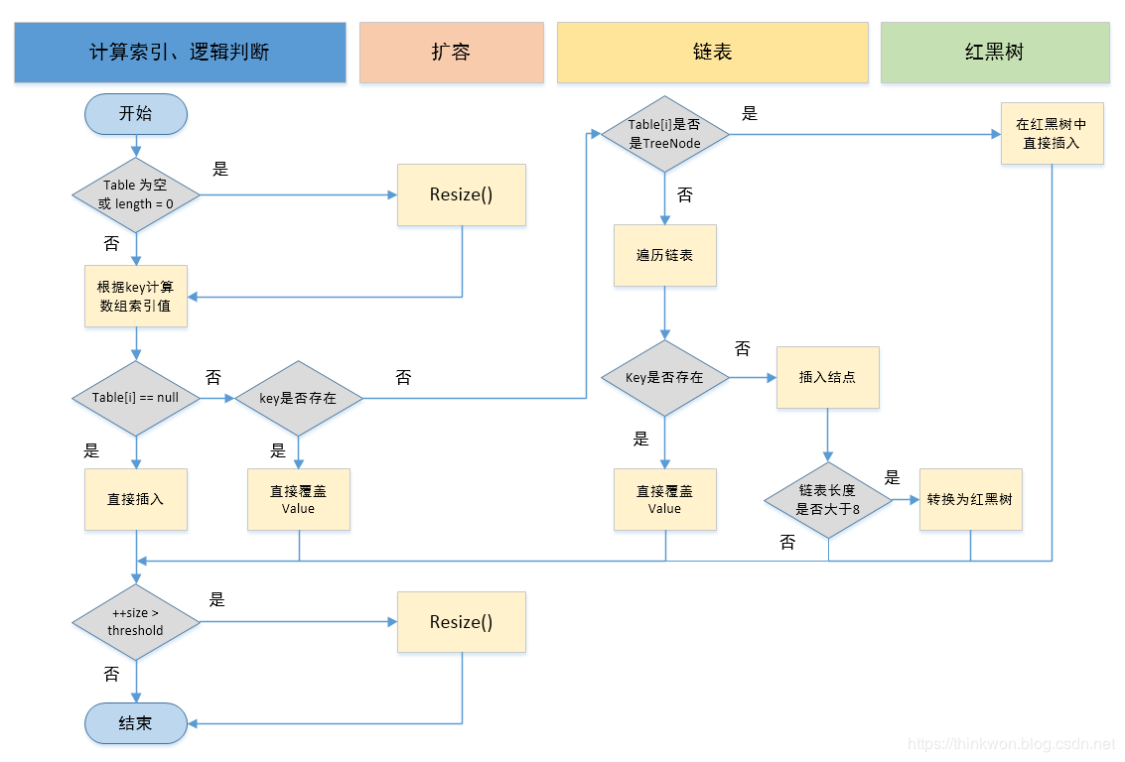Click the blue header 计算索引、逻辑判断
(180, 53)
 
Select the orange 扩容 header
(451, 53)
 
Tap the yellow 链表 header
(712, 53)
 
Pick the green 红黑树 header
(994, 53)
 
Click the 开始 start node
(135, 114)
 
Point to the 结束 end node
(135, 723)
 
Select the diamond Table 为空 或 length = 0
(135, 195)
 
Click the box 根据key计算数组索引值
(135, 296)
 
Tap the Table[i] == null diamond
(135, 398)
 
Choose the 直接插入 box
(135, 499)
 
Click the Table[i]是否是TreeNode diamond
(664, 134)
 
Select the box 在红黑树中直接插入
(1052, 134)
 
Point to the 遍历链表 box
(664, 255)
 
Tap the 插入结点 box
(827, 377)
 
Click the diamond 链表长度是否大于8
(828, 500)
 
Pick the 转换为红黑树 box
(970, 499)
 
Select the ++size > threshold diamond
(135, 622)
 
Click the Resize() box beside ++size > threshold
(461, 622)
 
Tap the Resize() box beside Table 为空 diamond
(461, 194)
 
